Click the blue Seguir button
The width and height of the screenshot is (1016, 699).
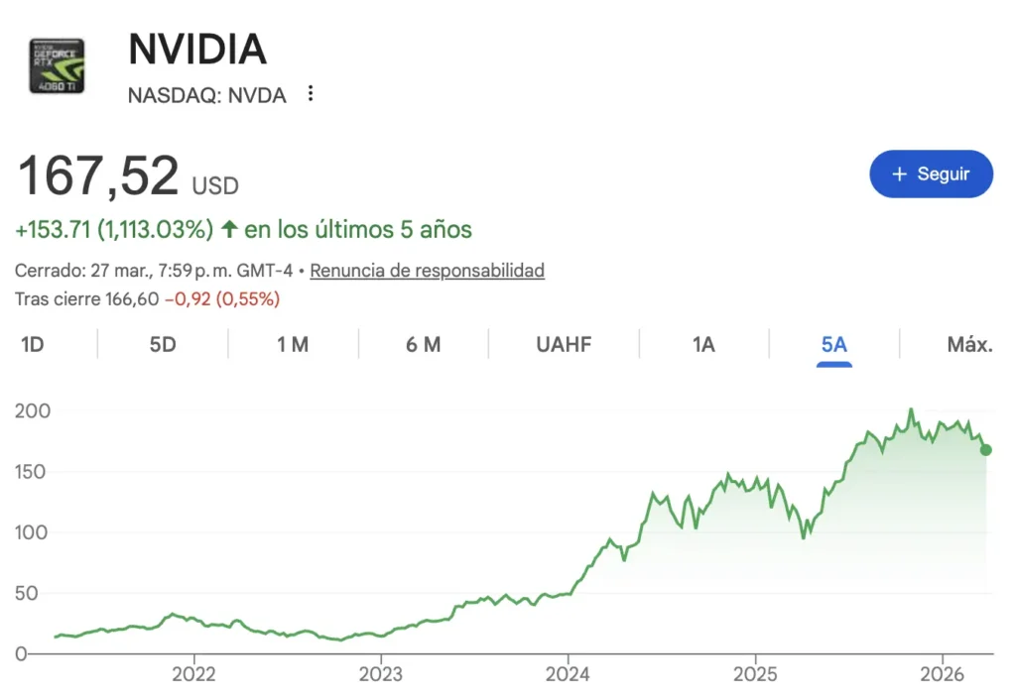tap(931, 174)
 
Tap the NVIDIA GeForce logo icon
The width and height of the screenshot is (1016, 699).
tap(57, 66)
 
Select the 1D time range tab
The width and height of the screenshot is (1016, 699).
tap(33, 344)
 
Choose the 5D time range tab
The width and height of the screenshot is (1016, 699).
tap(163, 344)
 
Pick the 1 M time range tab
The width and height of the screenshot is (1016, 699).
tap(293, 344)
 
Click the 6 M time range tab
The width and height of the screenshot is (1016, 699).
tap(424, 344)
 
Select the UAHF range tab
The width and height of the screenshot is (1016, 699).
tap(564, 344)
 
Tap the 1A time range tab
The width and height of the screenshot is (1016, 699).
tap(703, 344)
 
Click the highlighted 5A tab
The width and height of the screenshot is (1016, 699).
tap(834, 344)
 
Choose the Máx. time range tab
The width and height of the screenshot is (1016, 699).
tap(969, 344)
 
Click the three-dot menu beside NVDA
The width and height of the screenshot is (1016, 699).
tap(311, 94)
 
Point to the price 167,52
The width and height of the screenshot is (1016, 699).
tap(98, 175)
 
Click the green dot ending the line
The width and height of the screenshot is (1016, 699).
tap(985, 449)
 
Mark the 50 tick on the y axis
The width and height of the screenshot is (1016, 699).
tap(42, 593)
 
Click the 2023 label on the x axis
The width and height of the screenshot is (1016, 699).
tap(380, 675)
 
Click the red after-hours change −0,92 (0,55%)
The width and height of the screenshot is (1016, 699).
tap(221, 298)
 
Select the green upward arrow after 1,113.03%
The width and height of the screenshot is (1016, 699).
tap(229, 230)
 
